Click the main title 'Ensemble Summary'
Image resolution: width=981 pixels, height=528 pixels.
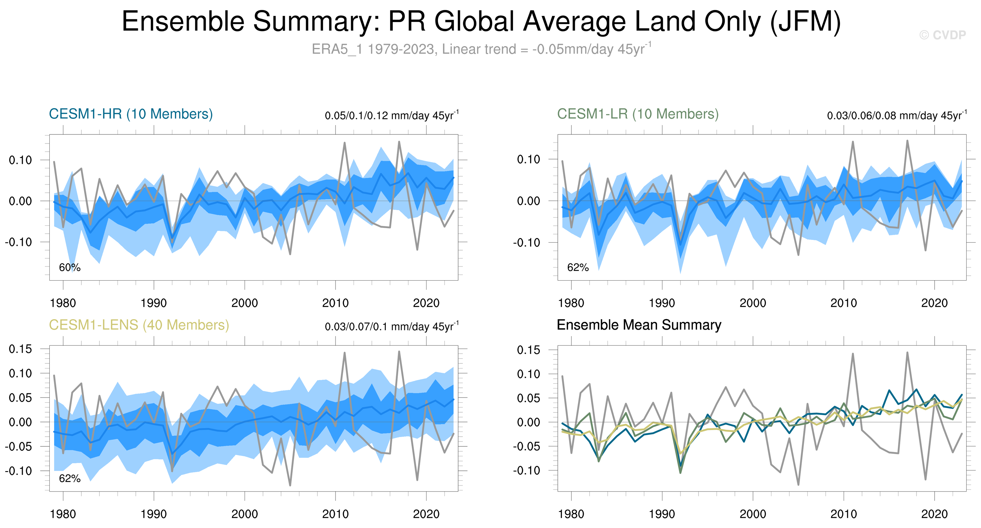(481, 22)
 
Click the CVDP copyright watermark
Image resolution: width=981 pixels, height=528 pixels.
(942, 35)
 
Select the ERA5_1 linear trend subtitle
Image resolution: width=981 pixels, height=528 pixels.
(481, 49)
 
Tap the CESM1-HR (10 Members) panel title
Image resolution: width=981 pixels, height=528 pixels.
(131, 114)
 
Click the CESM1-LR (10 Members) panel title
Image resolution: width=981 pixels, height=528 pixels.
(638, 114)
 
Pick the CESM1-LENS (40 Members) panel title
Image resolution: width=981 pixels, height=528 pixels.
(139, 325)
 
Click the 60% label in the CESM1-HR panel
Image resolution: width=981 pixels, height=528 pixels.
(70, 267)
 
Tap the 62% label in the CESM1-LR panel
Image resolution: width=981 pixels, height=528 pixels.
(578, 267)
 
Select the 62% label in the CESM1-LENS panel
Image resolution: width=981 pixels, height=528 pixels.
(70, 479)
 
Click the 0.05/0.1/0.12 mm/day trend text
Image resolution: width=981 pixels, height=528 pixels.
(392, 115)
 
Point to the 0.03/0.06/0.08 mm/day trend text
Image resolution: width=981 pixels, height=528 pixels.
(896, 115)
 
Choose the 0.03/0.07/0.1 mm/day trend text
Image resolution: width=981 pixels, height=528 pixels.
(392, 326)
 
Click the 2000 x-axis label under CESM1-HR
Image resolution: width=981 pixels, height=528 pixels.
(245, 303)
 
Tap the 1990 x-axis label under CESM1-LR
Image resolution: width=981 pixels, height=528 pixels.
(662, 303)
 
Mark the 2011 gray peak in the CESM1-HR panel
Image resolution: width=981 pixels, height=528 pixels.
(345, 143)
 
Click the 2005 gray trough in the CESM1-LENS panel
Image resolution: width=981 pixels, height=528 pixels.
(290, 485)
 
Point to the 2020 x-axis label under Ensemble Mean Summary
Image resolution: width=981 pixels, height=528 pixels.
(934, 514)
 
